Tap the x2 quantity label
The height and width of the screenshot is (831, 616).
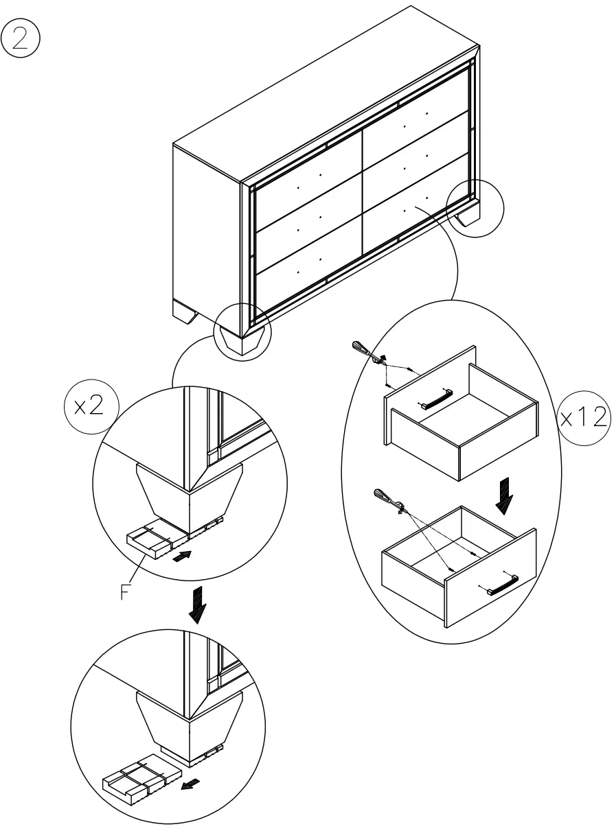(x=89, y=406)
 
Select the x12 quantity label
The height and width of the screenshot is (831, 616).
(x=583, y=417)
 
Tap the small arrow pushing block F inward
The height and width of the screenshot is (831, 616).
(x=181, y=557)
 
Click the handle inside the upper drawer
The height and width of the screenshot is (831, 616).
(x=435, y=399)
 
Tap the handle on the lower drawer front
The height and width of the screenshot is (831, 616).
(x=501, y=585)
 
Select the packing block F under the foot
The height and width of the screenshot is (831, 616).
(x=154, y=541)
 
